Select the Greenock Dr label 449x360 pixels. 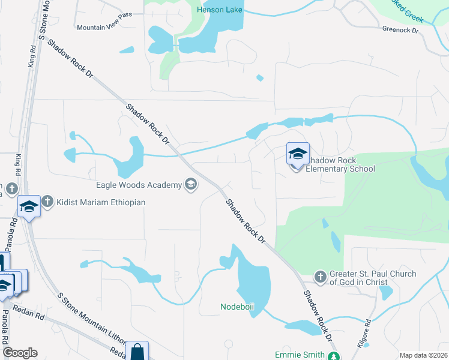tap(400, 29)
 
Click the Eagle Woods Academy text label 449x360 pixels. tap(139, 185)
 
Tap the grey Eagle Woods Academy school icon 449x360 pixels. tap(191, 185)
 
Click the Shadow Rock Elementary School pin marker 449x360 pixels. tap(298, 155)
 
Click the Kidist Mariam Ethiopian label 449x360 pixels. tap(101, 203)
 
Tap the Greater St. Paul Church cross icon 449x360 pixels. tap(321, 277)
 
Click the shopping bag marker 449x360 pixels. tap(137, 351)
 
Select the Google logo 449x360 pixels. tap(20, 353)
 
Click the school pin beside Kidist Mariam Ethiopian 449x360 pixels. tap(29, 207)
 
